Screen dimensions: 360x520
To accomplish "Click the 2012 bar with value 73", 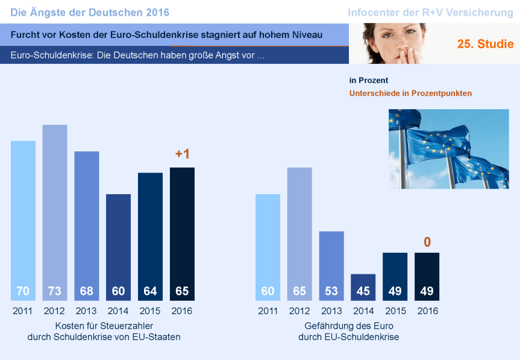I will pos(55,211).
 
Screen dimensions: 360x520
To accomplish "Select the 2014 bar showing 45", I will pos(363,287).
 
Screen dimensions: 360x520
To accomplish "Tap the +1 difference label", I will pos(182,154).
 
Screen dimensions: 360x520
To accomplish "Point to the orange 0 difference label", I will pos(427,242).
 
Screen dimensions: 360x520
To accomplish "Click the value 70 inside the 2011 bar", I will pos(23,291).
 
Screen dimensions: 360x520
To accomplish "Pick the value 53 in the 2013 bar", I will pos(331,291).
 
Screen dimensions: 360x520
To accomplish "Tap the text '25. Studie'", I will pos(485,44).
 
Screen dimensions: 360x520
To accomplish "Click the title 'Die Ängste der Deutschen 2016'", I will pos(90,12).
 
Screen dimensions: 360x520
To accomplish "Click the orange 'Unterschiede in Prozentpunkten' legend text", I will pos(410,93).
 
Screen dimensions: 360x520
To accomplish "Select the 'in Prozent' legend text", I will pos(369,80).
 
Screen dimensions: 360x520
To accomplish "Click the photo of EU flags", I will pos(449,148).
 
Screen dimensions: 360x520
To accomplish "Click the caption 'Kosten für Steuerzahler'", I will pos(104,326).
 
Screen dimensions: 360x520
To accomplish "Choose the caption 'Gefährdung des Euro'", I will pos(348,326).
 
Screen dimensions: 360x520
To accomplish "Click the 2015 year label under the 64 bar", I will pos(150,311).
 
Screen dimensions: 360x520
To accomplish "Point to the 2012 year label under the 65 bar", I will pos(299,311).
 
